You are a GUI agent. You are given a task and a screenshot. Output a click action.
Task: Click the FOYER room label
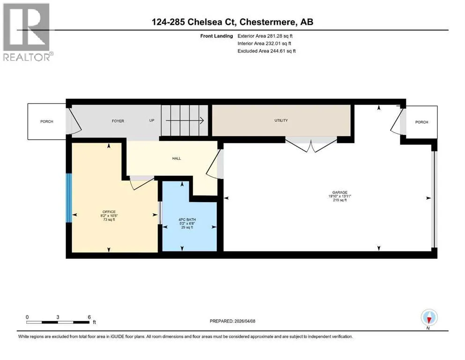click(118, 121)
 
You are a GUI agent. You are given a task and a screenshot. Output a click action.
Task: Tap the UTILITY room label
click(281, 120)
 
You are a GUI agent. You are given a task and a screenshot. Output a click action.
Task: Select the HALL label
click(177, 158)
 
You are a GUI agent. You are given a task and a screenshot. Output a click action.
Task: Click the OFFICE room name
click(109, 212)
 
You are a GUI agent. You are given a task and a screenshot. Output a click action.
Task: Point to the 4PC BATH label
click(187, 220)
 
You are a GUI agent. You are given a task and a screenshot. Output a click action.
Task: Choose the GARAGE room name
click(340, 192)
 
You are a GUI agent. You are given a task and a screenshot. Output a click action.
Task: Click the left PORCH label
click(46, 122)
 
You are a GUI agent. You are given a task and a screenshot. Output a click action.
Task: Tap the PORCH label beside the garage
click(421, 122)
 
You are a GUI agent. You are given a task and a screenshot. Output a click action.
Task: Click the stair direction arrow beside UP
click(185, 120)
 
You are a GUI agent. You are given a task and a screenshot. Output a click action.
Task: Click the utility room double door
click(311, 144)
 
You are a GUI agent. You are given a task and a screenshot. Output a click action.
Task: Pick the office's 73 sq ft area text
click(109, 220)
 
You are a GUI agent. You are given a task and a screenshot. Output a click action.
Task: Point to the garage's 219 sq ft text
click(340, 200)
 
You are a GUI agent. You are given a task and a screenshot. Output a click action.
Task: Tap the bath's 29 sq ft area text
click(187, 227)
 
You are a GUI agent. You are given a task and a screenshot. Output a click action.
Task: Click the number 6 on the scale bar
click(89, 317)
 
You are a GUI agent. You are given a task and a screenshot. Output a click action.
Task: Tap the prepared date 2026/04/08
click(244, 321)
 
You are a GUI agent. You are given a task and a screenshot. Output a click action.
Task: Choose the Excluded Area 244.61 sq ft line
click(266, 51)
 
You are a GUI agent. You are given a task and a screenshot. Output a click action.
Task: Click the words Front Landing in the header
click(216, 36)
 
